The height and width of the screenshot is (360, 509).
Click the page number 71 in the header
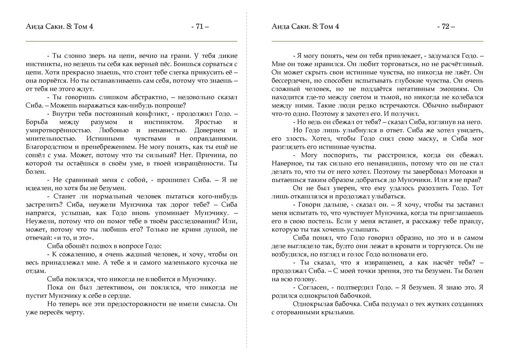[200, 27]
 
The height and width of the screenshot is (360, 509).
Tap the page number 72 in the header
[446, 27]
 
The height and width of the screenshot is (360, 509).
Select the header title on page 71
[59, 27]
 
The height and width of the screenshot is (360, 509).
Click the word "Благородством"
[47, 147]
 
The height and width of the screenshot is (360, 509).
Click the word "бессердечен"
[289, 81]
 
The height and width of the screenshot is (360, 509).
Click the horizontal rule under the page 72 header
[377, 41]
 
